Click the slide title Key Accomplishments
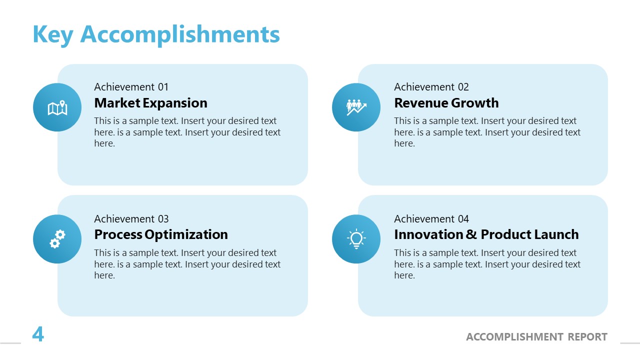tap(156, 34)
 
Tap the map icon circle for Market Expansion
tap(57, 107)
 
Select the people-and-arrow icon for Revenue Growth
tap(356, 107)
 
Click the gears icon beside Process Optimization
tap(57, 239)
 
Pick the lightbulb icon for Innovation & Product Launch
tap(356, 239)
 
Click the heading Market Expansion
tap(150, 103)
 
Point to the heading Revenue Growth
tap(446, 103)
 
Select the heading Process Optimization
tap(160, 234)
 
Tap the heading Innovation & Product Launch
tap(486, 234)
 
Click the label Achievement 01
tap(131, 87)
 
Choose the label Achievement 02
tap(431, 87)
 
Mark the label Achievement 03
tap(131, 219)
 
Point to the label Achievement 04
tap(431, 219)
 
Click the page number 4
tap(38, 334)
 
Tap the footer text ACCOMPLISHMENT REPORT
tap(536, 337)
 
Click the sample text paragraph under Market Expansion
tap(187, 132)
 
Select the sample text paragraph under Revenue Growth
tap(487, 132)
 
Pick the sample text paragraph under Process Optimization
tap(187, 264)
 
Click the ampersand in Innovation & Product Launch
tap(471, 234)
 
